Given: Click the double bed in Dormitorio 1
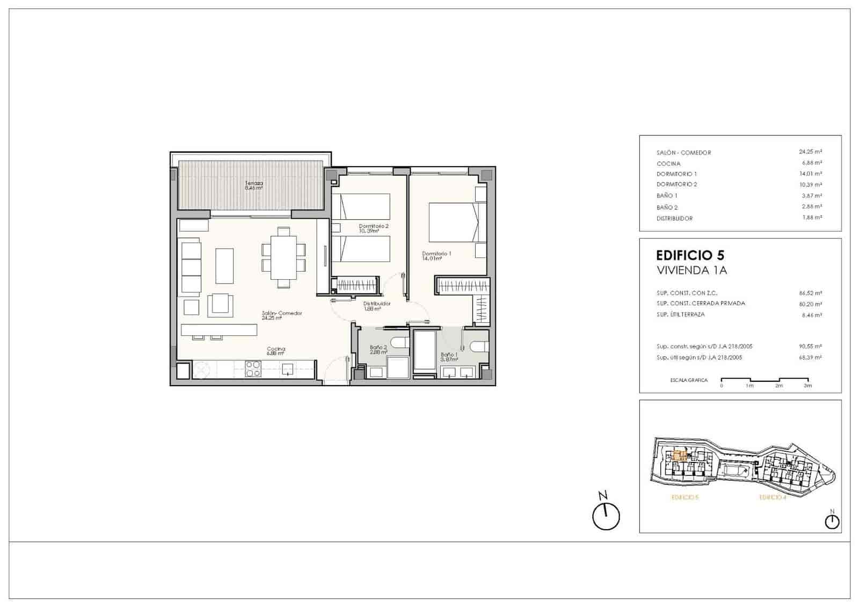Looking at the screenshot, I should click(x=454, y=221).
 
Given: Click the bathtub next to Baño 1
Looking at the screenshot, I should click(x=425, y=350).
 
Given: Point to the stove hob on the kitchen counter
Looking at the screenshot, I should click(x=253, y=368).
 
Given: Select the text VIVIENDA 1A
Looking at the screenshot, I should click(x=691, y=270).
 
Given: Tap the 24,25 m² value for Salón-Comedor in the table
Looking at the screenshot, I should click(x=810, y=152).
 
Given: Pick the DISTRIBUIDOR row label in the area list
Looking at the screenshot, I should click(x=674, y=219).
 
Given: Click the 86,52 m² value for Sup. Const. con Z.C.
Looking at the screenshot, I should click(x=810, y=293).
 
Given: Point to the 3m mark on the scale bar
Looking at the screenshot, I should click(x=807, y=385).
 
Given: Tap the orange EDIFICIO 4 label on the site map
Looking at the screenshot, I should click(x=773, y=498).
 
